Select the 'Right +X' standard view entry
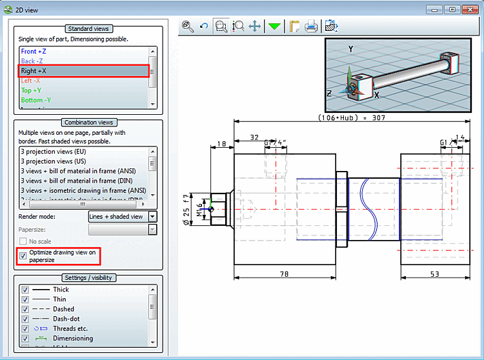tap(34, 71)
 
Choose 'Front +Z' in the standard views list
tap(34, 51)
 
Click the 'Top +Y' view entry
tap(33, 90)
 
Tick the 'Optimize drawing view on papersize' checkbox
tap(23, 255)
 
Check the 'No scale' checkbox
tap(23, 241)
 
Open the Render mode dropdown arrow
tap(153, 217)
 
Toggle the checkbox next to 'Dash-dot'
tap(26, 319)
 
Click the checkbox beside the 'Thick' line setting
tap(26, 290)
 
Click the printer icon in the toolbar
tap(311, 26)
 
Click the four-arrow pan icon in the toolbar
tap(255, 26)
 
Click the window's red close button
tap(469, 10)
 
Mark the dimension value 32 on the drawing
tap(254, 137)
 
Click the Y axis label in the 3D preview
tap(350, 49)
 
